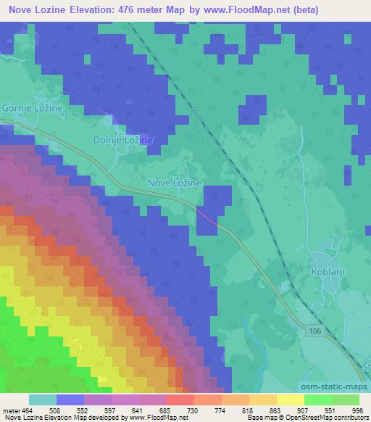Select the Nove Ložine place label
click(x=174, y=184)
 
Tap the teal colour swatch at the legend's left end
click(x=43, y=400)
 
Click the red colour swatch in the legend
click(x=179, y=400)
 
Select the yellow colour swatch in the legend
click(x=290, y=400)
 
